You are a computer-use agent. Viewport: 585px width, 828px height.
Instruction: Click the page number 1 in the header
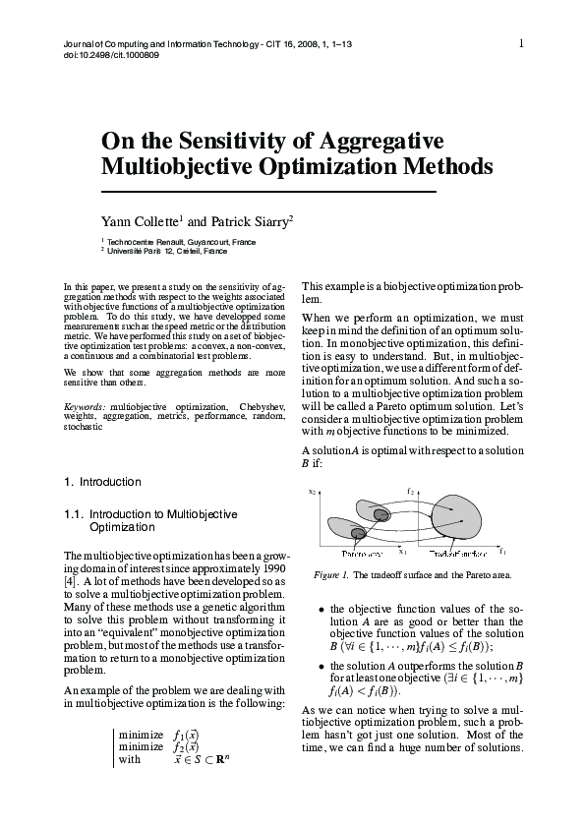[x=521, y=42]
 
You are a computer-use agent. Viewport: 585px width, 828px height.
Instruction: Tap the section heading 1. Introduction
[x=102, y=482]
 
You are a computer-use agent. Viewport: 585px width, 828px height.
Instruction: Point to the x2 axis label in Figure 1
[x=312, y=491]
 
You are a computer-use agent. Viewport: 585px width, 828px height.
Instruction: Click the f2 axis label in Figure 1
[x=409, y=489]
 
